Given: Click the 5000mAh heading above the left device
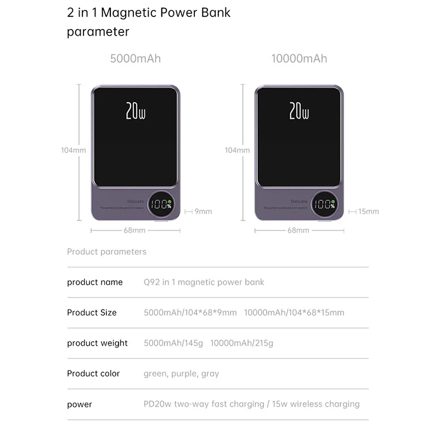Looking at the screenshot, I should point(136,58).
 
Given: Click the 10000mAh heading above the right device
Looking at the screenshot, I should point(299,58).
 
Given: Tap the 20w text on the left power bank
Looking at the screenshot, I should point(136,111).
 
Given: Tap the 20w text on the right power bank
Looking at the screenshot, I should point(299,111).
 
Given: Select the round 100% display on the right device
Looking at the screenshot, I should point(325,204).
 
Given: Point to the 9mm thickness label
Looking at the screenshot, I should point(203,211).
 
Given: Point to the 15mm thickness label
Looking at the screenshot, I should point(368,211).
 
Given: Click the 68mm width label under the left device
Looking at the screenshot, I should point(134,230).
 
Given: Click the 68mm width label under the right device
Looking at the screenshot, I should point(299,230).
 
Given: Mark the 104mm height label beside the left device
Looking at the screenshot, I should point(73,150).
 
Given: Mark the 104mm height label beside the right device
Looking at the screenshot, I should point(237,150).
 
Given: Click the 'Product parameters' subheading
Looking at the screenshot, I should point(106,252).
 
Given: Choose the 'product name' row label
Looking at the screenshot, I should point(95,282).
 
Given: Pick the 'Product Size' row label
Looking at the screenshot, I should point(92,312).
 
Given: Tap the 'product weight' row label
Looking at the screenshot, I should point(97,343).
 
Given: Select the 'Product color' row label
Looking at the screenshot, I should point(93,373).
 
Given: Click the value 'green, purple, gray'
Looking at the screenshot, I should point(181,374).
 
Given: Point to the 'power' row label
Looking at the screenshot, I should point(80,404).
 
